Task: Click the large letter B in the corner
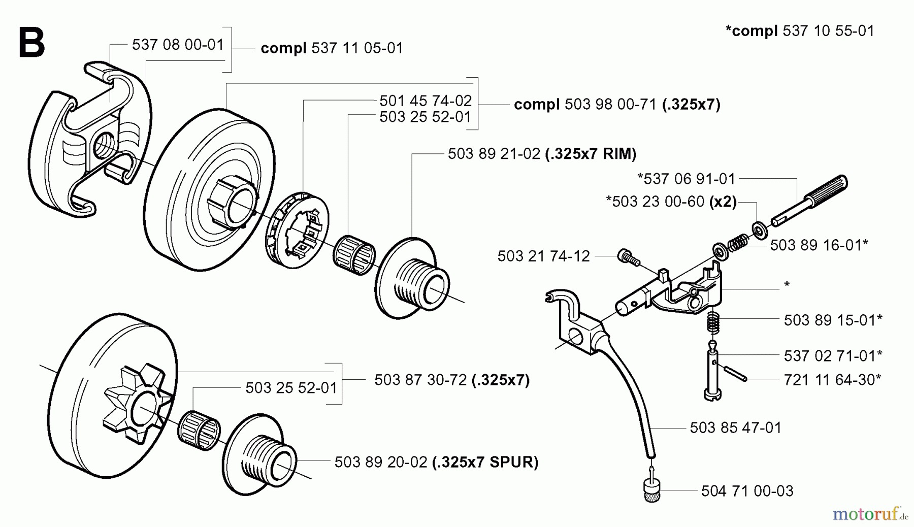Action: click(31, 43)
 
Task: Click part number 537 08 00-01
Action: click(178, 45)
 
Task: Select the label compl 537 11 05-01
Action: click(332, 48)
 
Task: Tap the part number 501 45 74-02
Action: click(426, 101)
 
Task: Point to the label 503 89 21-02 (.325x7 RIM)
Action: click(542, 154)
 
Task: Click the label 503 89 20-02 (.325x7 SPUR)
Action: click(436, 462)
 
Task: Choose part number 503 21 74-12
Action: click(543, 256)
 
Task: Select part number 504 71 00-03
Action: click(747, 491)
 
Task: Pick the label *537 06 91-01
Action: click(686, 179)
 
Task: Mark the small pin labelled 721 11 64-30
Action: click(734, 373)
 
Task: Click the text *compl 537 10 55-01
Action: click(800, 31)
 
